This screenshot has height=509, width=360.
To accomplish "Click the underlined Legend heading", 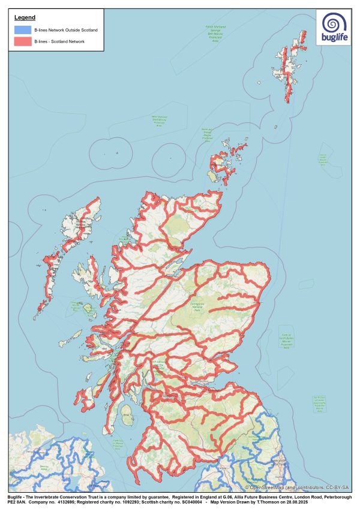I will (25, 18).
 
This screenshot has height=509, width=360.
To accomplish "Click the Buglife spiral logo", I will (334, 24).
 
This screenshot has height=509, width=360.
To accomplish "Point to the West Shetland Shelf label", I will (159, 121).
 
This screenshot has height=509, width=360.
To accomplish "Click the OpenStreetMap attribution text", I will (286, 487).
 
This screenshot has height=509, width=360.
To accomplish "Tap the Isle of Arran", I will (127, 413).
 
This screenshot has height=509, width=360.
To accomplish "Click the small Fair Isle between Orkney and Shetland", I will (275, 127).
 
